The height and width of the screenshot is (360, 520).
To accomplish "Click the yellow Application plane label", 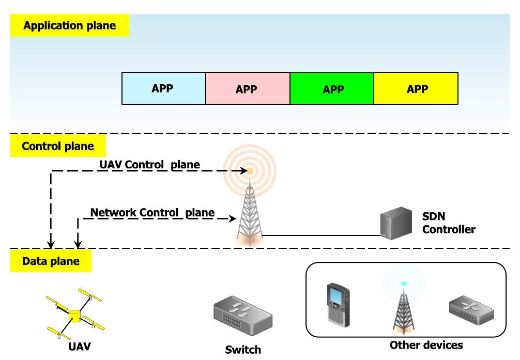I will [69, 26].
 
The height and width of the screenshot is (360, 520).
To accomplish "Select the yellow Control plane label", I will [58, 146].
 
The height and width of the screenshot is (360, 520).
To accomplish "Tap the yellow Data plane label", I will [51, 261].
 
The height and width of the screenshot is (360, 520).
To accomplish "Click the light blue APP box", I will [163, 88].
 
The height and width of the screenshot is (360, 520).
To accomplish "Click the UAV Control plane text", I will [149, 165].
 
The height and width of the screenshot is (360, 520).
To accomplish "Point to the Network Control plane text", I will [152, 212].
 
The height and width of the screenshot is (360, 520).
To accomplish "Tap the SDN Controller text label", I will [448, 223].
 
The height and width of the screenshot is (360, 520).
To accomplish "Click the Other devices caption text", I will [426, 345].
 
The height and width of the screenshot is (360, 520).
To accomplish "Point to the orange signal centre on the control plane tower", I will [250, 170].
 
